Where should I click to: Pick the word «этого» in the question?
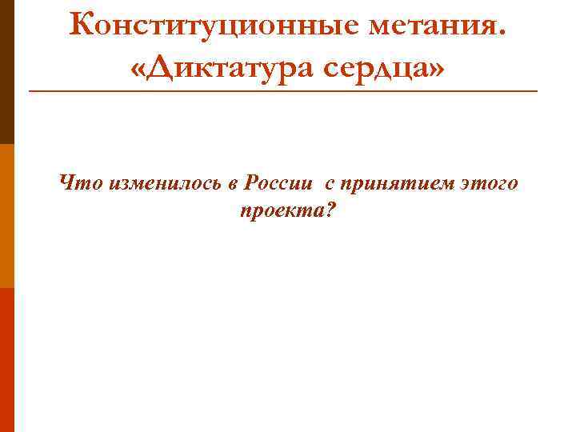490,185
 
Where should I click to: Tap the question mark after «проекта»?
330,212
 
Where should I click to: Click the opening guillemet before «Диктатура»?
137,69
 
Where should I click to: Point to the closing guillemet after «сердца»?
432,69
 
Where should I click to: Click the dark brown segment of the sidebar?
6,72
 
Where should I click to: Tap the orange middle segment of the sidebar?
6,216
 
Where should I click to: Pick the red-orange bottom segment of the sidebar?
6,360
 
